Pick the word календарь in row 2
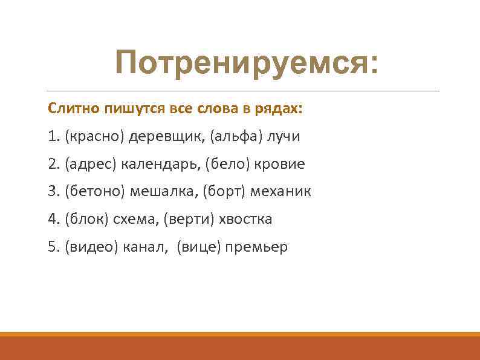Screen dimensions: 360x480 [x=158, y=164]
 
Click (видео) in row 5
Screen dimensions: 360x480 [x=91, y=247]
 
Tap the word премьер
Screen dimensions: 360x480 [x=257, y=247]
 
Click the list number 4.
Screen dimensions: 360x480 [x=52, y=219]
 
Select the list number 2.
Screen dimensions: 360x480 [x=52, y=164]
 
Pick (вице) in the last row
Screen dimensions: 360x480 [x=198, y=247]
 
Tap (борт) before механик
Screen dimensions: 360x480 [x=224, y=192]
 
